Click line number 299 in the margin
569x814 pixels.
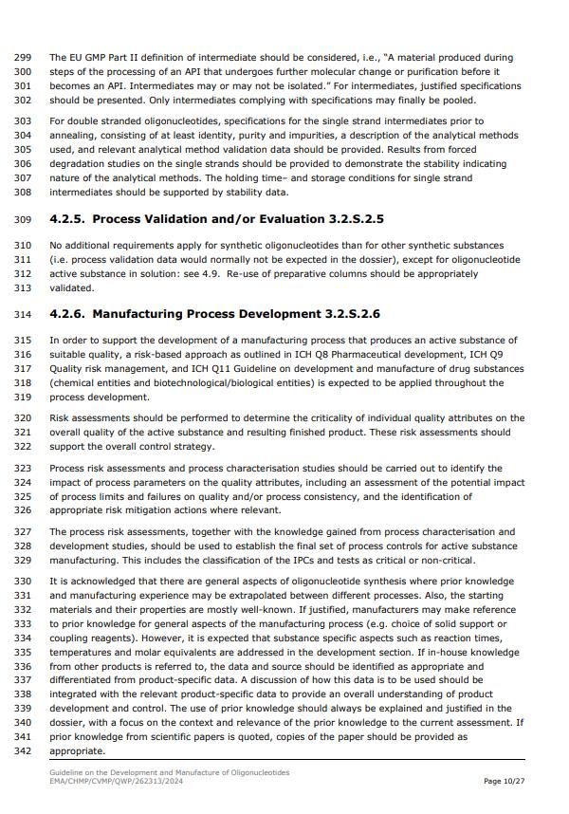click(24, 58)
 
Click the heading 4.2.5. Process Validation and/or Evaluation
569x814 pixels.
click(216, 219)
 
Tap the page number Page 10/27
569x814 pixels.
click(505, 781)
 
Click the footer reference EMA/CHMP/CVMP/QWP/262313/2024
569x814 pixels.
click(118, 781)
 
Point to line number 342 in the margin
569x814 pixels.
click(24, 750)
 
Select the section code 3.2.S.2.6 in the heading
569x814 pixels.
click(350, 314)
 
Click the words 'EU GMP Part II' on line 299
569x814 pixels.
click(106, 58)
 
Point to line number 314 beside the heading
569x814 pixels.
click(24, 314)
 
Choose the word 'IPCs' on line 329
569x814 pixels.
click(259, 560)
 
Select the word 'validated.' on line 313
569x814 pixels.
click(72, 287)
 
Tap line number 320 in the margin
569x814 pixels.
click(24, 418)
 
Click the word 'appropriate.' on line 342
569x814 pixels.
click(77, 750)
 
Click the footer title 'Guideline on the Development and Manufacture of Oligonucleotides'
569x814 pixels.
click(170, 772)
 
